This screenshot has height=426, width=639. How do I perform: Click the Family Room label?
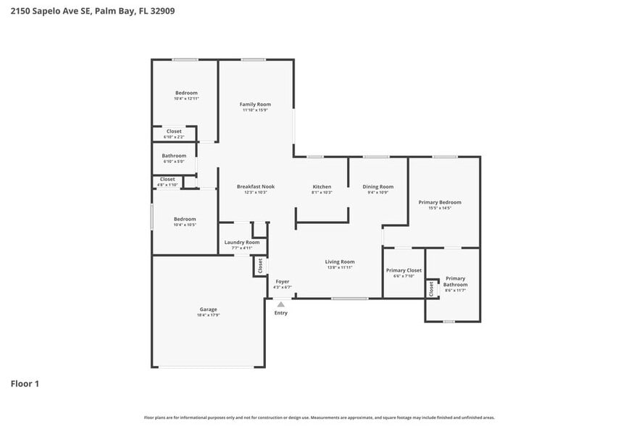point(255,104)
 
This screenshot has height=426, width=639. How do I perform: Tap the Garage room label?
point(208,309)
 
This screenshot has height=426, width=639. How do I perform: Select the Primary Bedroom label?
point(440,202)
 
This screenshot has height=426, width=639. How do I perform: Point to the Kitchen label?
point(322,186)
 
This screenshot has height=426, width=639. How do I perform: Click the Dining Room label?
point(377,186)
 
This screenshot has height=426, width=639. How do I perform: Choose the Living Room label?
point(339,262)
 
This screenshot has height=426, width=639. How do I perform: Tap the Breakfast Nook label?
point(256,186)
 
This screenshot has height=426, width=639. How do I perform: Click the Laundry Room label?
point(241,242)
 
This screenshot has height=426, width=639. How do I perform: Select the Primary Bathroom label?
point(455,281)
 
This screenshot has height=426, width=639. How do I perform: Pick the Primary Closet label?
point(404,270)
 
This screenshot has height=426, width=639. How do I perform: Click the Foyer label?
point(282,281)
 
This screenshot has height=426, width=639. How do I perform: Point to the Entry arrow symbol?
point(280,305)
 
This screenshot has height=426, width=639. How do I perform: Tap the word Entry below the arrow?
point(280,313)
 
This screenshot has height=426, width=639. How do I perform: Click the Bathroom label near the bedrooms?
point(174,156)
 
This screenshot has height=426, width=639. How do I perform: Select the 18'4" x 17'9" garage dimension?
point(208,315)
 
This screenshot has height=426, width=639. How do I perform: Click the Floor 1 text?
point(25,383)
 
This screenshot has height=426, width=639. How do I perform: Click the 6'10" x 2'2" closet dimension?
point(174,137)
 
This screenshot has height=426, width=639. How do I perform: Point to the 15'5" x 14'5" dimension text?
point(440,208)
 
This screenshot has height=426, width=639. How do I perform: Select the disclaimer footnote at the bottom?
point(319,417)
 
